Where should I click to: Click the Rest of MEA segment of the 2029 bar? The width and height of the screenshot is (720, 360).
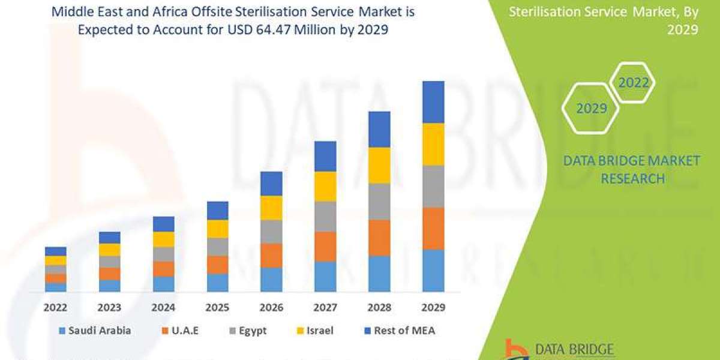point(433,102)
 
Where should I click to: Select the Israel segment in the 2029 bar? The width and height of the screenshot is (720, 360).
point(433,144)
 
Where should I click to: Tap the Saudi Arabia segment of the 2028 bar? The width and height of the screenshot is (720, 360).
point(379,274)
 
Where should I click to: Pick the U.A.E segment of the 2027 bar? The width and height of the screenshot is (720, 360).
point(325,247)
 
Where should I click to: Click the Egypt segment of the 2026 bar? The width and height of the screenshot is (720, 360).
point(271,232)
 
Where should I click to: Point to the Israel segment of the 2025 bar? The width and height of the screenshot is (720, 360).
point(217,229)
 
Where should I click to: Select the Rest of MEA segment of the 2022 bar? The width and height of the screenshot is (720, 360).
point(56,251)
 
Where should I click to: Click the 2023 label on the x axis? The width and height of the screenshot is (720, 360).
point(109,307)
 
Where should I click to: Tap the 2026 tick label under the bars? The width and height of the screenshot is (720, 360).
point(271,307)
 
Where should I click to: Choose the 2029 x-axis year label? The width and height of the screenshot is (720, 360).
point(433,307)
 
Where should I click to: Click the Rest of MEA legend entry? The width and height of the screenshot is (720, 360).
point(399,330)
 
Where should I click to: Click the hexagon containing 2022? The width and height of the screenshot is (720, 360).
point(634,83)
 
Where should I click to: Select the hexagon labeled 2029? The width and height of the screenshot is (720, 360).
point(591,109)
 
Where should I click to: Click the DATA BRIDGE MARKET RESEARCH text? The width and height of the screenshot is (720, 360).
point(632,169)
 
